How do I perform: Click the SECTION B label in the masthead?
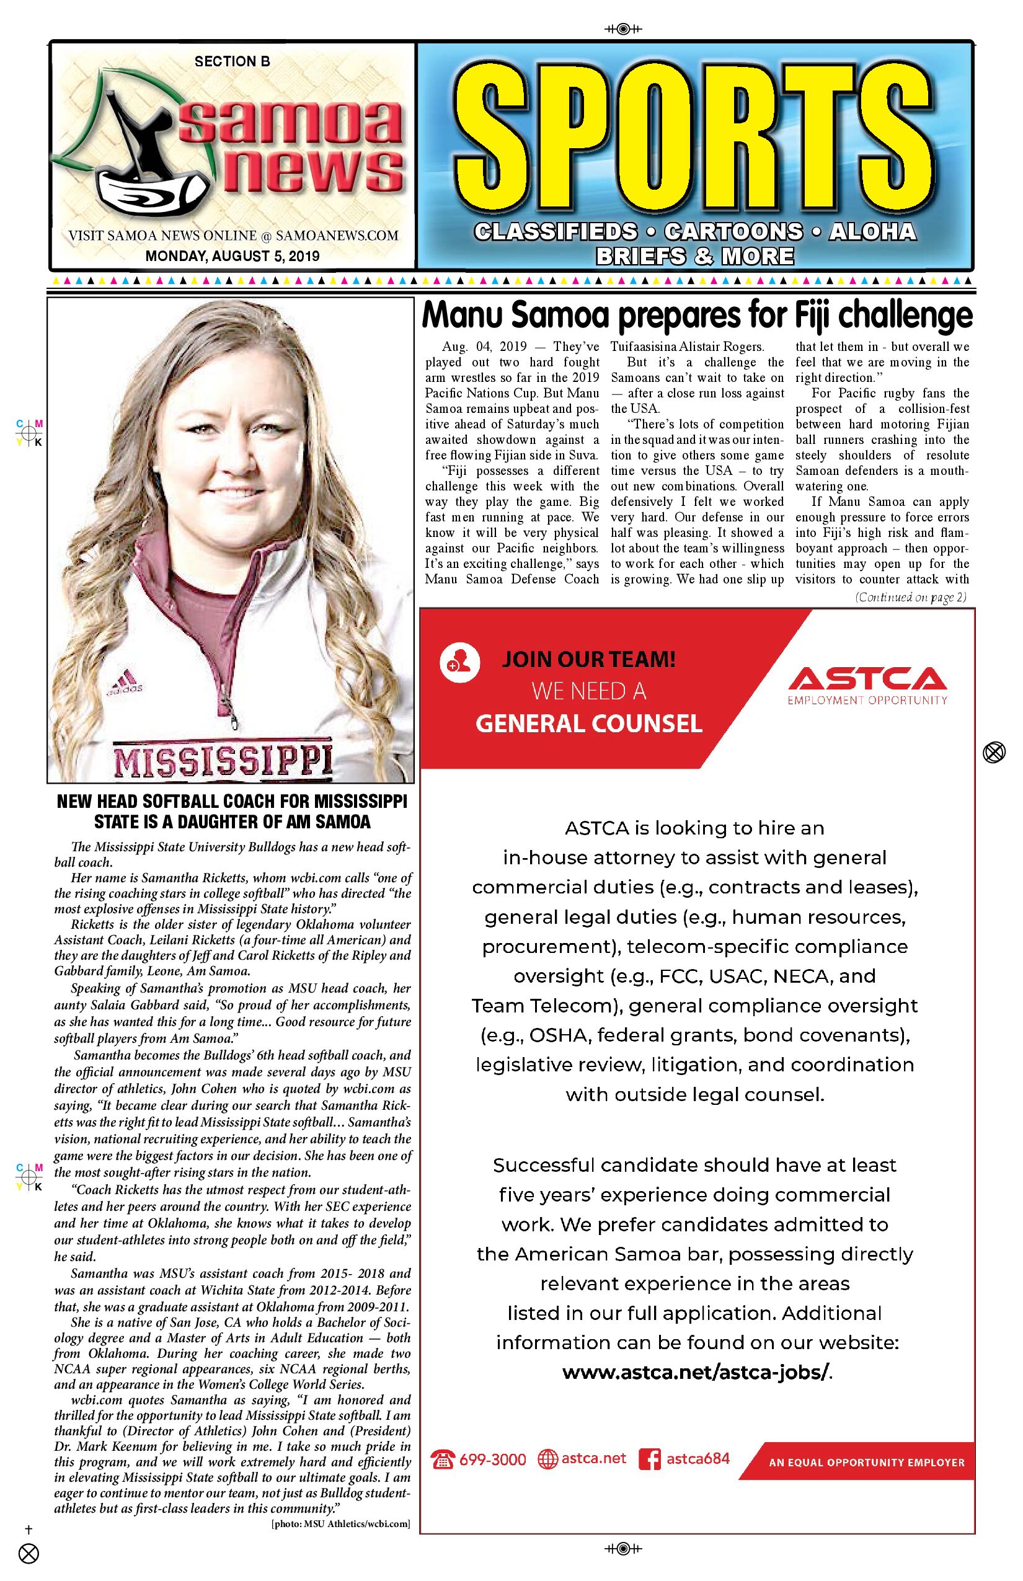click(232, 62)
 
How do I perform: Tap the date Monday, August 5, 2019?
click(232, 255)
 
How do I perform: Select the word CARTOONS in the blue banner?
click(733, 232)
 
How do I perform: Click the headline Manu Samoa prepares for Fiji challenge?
click(697, 316)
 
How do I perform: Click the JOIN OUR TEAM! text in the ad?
click(588, 660)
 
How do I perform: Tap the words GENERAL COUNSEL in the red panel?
click(588, 724)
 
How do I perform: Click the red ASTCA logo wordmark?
click(867, 679)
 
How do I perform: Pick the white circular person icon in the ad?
click(459, 662)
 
